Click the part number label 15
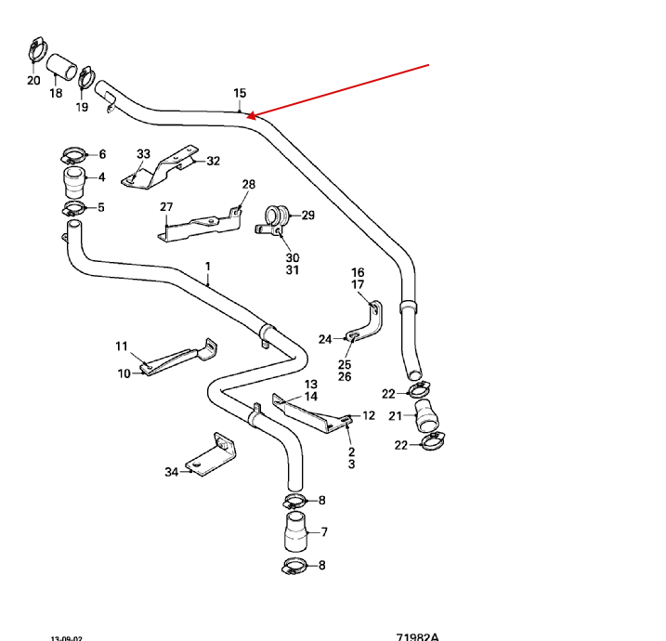tap(240, 93)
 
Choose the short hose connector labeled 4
tap(72, 177)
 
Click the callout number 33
tap(143, 153)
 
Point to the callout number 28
tap(248, 184)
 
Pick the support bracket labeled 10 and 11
tap(176, 359)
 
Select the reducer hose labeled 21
tap(425, 414)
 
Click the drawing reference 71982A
tap(417, 636)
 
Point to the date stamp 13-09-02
tap(66, 637)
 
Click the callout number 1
tap(208, 267)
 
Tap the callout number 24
tap(325, 339)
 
